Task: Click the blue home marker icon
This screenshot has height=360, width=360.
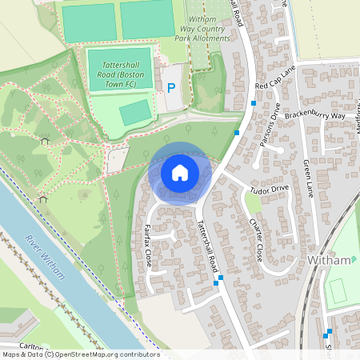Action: point(180,173)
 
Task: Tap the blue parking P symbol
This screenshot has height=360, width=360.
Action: point(171,86)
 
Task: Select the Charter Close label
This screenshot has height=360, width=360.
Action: point(254,236)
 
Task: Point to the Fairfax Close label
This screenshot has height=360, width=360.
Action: point(148,244)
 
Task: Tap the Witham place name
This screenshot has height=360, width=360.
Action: point(330,261)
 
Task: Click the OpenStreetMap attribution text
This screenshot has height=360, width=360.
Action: point(80,354)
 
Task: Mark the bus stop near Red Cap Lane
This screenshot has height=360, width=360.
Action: point(254,103)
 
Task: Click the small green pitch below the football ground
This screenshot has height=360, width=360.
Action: point(135,111)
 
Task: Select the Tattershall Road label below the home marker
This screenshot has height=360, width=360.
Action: point(206,249)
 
